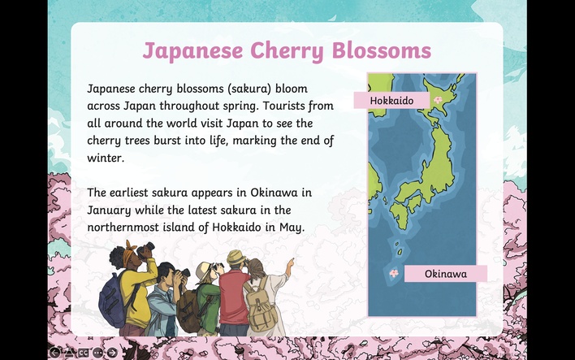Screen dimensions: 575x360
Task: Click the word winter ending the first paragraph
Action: (x=106, y=158)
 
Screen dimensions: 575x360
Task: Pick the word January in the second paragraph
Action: (x=109, y=210)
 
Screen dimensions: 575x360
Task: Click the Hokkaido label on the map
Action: (x=391, y=101)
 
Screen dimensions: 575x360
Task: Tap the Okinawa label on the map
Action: (x=446, y=274)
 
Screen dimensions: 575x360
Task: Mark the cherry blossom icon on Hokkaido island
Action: (x=438, y=99)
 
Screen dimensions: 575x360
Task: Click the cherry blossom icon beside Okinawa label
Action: (x=393, y=273)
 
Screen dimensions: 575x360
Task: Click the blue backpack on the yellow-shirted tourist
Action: (x=115, y=299)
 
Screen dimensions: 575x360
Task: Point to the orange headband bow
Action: (x=131, y=247)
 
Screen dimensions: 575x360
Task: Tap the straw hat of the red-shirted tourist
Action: (x=236, y=258)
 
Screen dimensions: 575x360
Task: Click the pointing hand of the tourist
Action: (x=291, y=263)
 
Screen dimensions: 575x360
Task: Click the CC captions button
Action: (x=83, y=353)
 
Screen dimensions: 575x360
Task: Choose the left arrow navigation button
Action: (x=54, y=353)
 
